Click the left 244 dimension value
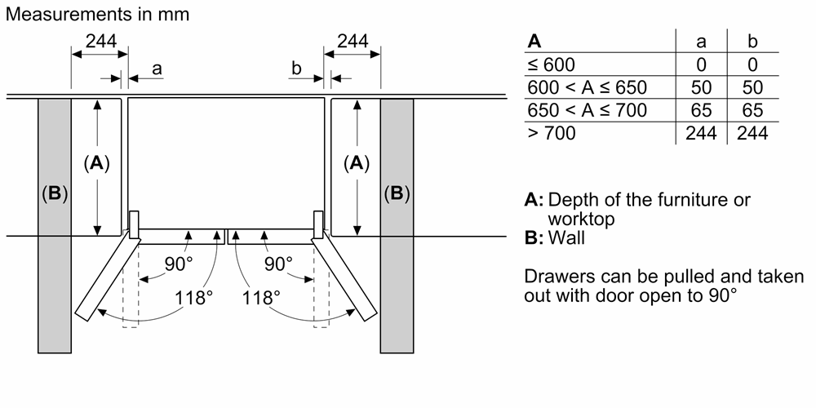coord(100,41)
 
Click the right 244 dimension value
coord(353,41)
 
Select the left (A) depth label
coord(97,163)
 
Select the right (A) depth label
coord(356,163)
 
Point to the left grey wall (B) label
coord(55,193)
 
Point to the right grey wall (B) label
coord(397,193)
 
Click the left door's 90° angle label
coord(179,264)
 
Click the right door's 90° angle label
coord(278,264)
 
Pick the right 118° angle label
coord(261,297)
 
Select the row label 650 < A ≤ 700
coord(587,110)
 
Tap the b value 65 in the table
coord(752,110)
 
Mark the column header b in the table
coord(752,41)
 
